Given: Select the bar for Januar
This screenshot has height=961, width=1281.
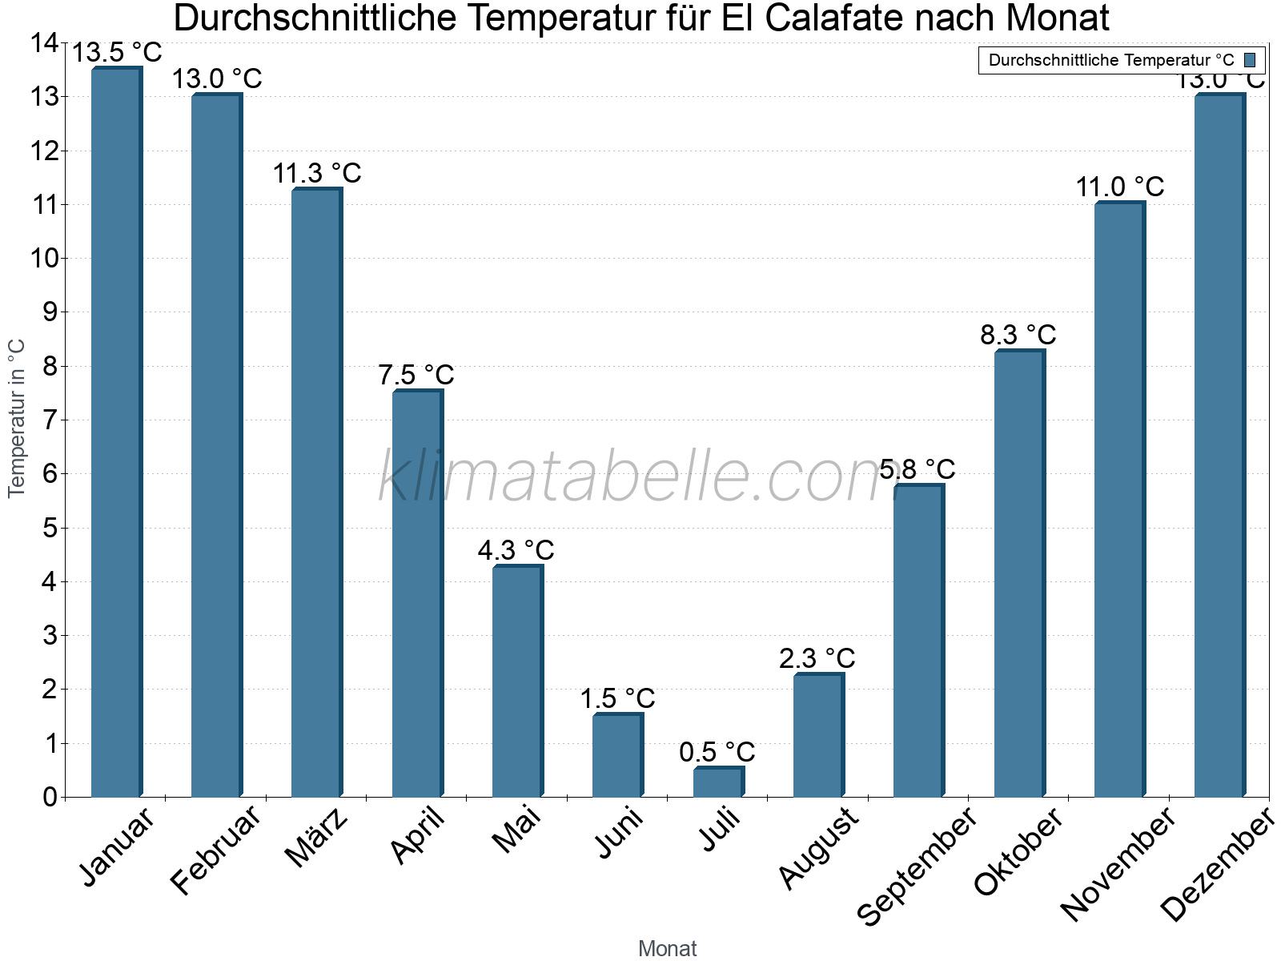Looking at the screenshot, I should (116, 432).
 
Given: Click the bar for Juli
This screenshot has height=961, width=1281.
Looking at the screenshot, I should (718, 782).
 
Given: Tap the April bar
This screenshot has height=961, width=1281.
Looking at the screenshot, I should (417, 593).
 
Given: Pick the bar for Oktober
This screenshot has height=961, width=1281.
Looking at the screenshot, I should (1019, 573).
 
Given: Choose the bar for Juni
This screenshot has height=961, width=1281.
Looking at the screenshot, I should (617, 755).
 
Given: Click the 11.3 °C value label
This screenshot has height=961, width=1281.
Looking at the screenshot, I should (317, 173).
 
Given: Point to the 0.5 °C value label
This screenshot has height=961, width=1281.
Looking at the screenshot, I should (717, 752).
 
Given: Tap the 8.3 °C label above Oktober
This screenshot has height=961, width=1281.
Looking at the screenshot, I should (1018, 335).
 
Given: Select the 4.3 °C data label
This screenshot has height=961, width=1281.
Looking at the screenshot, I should (516, 550).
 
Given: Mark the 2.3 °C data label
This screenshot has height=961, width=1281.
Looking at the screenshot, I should (817, 658).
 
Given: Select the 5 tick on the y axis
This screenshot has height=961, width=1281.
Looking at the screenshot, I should (50, 528).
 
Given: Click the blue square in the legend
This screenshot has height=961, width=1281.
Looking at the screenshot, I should (1250, 60).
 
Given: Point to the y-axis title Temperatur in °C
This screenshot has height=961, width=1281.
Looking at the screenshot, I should (17, 418).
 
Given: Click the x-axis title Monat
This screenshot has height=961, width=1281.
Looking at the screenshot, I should (667, 948).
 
